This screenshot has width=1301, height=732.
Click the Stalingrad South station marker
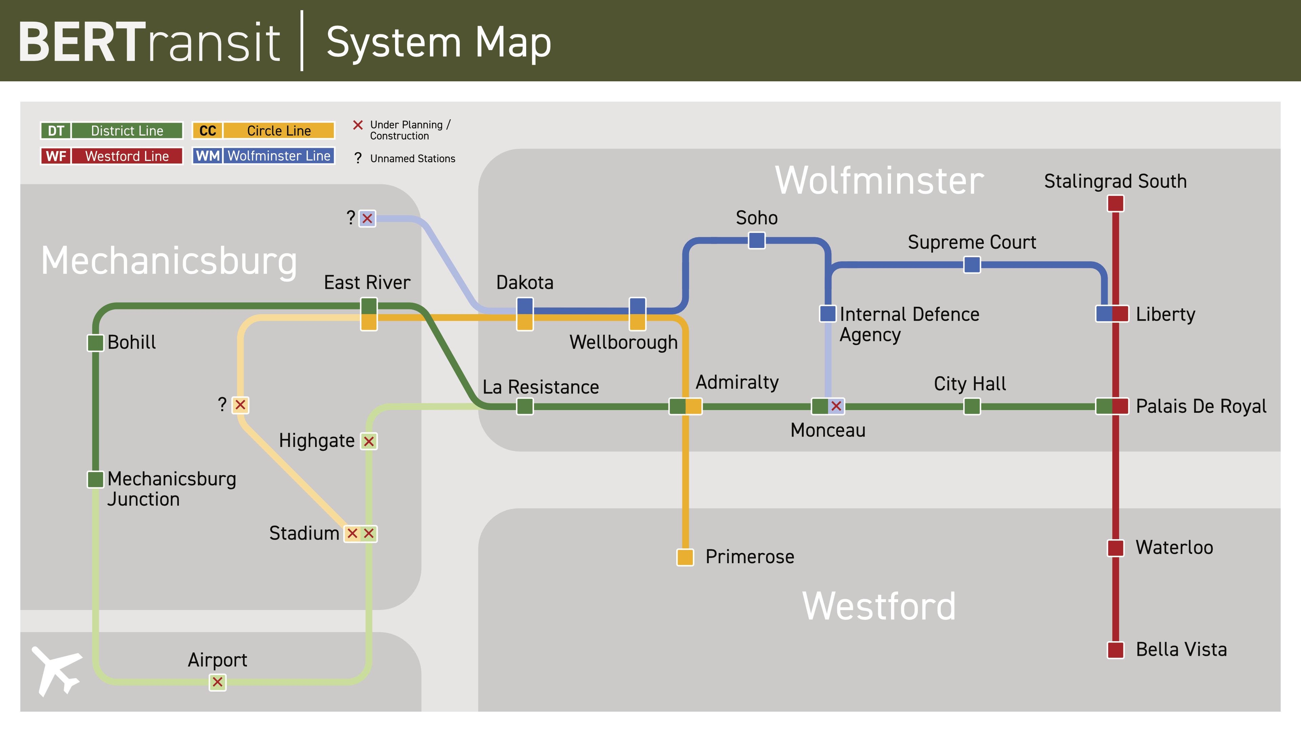(x=1115, y=204)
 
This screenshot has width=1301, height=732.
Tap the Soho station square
(x=756, y=241)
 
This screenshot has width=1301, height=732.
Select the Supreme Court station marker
(x=972, y=265)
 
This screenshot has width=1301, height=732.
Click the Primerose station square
(x=685, y=557)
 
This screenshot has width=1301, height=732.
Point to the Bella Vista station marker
(x=1115, y=650)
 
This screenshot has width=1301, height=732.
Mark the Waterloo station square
(x=1115, y=548)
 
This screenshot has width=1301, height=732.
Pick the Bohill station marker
(x=96, y=343)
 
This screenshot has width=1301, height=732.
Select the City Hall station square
(x=972, y=406)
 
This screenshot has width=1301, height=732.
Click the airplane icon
(x=57, y=670)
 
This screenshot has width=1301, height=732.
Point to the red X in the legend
(x=357, y=125)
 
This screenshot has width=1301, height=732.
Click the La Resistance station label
(x=540, y=387)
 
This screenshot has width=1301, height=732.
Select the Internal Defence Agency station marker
(x=827, y=314)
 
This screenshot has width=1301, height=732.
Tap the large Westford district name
(x=879, y=606)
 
